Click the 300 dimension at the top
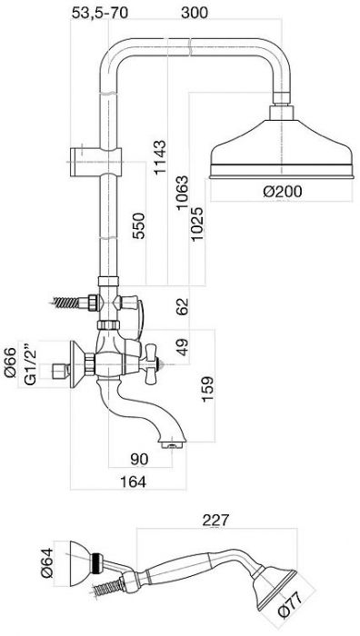(195, 13)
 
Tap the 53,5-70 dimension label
(100, 13)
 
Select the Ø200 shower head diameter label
(283, 191)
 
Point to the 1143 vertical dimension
(159, 157)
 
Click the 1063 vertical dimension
(182, 193)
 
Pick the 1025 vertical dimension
(197, 224)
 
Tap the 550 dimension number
(139, 226)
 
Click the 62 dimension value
(182, 307)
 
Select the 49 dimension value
(182, 347)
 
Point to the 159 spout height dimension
(207, 390)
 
